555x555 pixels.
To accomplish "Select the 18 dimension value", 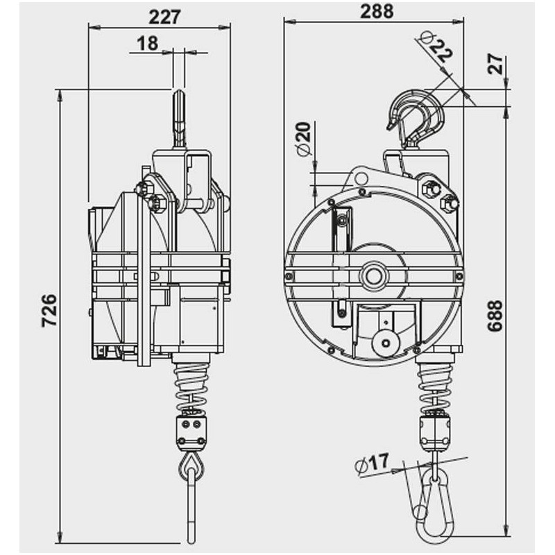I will [x=147, y=43].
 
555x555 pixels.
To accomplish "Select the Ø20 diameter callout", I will [x=304, y=140].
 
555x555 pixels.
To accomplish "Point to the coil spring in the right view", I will [x=436, y=387].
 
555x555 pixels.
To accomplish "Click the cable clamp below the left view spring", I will [x=191, y=429].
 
